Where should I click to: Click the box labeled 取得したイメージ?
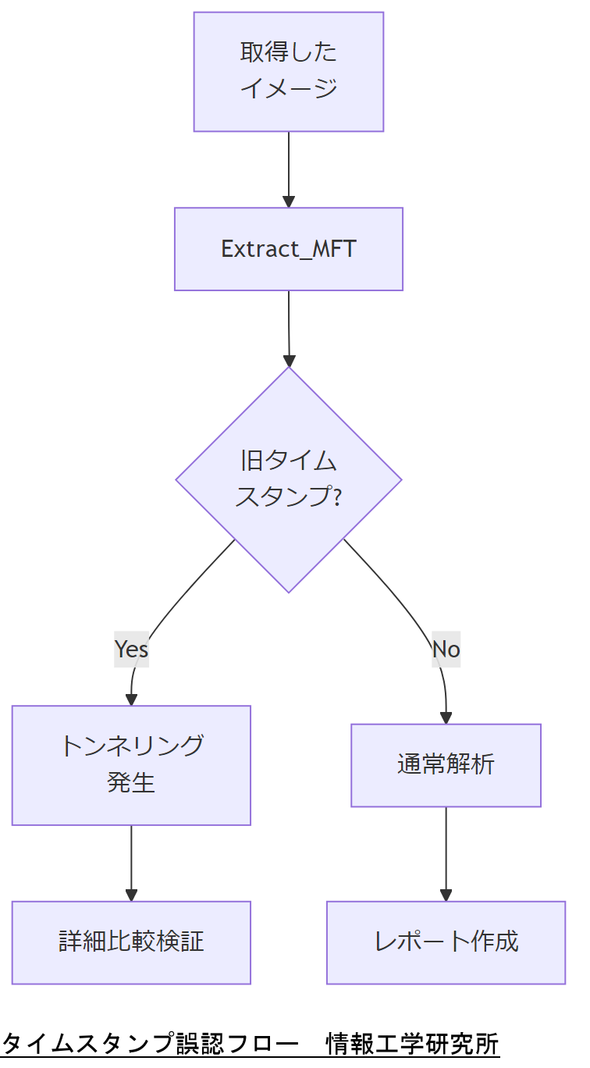point(288,71)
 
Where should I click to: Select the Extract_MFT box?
point(288,249)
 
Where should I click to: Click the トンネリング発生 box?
point(131,765)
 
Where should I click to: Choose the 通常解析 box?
point(446,765)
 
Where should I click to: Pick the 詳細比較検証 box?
point(131,942)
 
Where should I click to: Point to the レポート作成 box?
point(446,942)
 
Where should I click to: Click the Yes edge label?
point(131,649)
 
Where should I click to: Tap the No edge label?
point(446,649)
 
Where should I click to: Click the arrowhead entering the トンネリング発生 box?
point(131,700)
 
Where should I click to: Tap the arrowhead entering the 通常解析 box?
point(446,717)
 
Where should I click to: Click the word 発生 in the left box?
point(131,781)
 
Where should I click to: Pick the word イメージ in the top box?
point(288,88)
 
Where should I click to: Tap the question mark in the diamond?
point(336,497)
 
